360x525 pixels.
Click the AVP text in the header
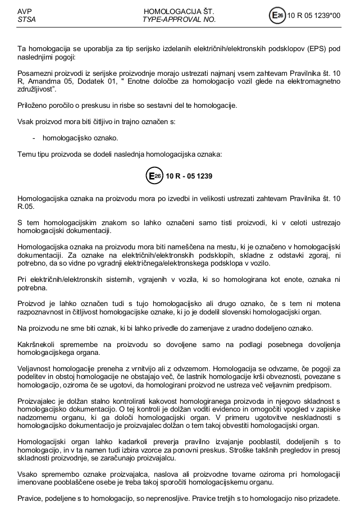click(x=24, y=11)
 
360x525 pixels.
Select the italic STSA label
click(x=26, y=20)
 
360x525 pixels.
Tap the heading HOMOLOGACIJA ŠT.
click(x=179, y=11)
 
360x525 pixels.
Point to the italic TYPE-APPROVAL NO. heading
click(x=179, y=20)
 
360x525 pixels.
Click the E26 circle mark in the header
click(x=277, y=16)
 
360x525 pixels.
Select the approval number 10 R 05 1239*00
click(x=314, y=16)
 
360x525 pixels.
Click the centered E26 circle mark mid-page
click(x=154, y=176)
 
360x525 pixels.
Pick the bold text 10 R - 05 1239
click(x=189, y=176)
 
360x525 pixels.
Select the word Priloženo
click(x=33, y=106)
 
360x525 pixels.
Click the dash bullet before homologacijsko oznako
click(x=35, y=138)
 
